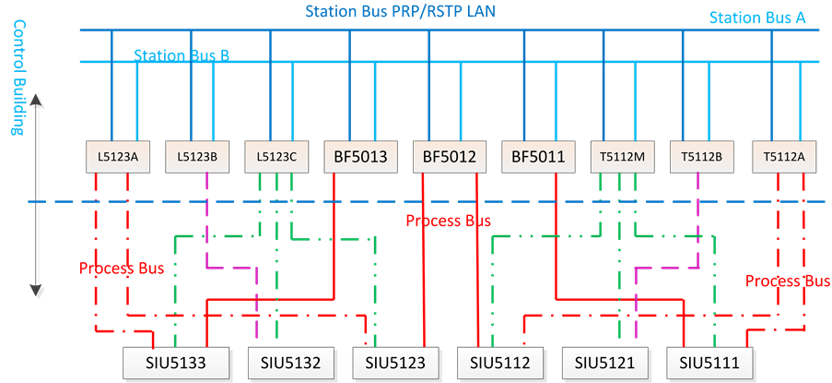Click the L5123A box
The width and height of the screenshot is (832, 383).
click(x=118, y=156)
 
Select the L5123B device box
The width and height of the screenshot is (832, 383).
click(x=197, y=156)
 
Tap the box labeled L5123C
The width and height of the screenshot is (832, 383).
click(x=276, y=156)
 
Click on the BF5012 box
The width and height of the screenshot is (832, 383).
click(x=449, y=156)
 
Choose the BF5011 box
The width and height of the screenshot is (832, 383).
click(x=537, y=156)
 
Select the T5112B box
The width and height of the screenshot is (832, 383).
click(x=701, y=156)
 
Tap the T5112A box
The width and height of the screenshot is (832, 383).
click(x=783, y=156)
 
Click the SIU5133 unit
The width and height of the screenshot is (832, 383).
click(x=178, y=363)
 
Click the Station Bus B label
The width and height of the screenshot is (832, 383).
click(x=181, y=55)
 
